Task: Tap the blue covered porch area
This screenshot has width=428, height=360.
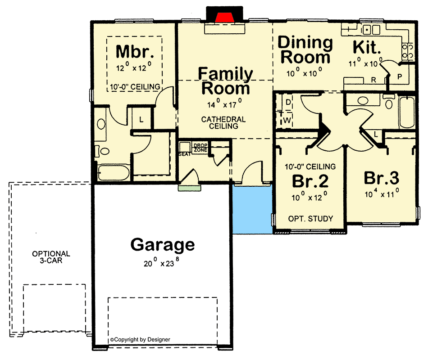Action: [x=252, y=209]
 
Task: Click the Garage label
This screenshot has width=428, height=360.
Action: [x=163, y=245]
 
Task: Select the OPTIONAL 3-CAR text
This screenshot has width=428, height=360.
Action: [x=51, y=257]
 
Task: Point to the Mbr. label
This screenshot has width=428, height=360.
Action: [x=135, y=52]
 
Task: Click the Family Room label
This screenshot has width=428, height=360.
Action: [x=225, y=81]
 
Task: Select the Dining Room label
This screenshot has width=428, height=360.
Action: [x=305, y=50]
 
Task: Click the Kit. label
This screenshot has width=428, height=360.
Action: [x=367, y=47]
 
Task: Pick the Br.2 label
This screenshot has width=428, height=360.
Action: [x=310, y=180]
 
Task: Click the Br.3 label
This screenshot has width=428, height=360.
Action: [x=381, y=178]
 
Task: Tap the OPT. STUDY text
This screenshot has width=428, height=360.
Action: [x=310, y=219]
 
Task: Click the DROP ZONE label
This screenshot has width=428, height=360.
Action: [x=200, y=148]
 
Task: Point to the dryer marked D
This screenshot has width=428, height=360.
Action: [x=288, y=103]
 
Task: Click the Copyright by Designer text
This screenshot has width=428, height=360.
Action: [x=140, y=340]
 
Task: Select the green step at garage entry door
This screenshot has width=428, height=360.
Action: [x=188, y=188]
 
